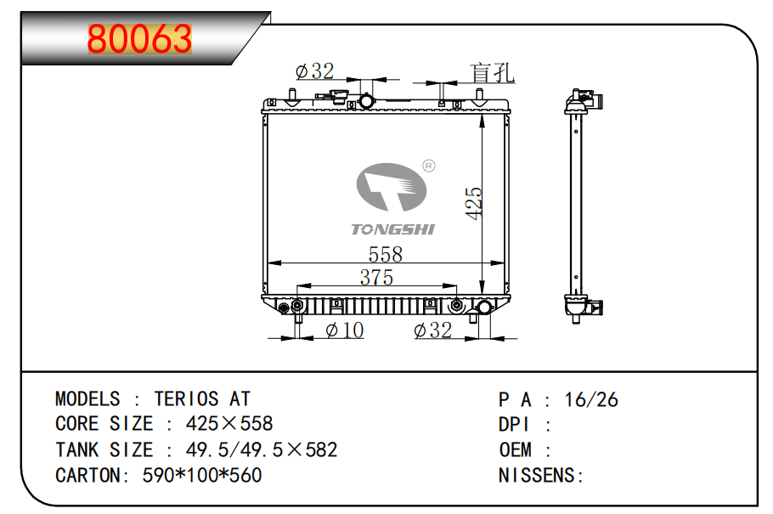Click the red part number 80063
[139, 39]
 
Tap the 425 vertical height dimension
[474, 203]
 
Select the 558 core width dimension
[386, 255]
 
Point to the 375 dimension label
[376, 277]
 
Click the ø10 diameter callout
[345, 330]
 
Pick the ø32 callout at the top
[314, 71]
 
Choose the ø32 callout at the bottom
[433, 330]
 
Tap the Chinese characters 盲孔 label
[492, 73]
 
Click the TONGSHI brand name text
[393, 229]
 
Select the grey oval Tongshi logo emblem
[392, 187]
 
